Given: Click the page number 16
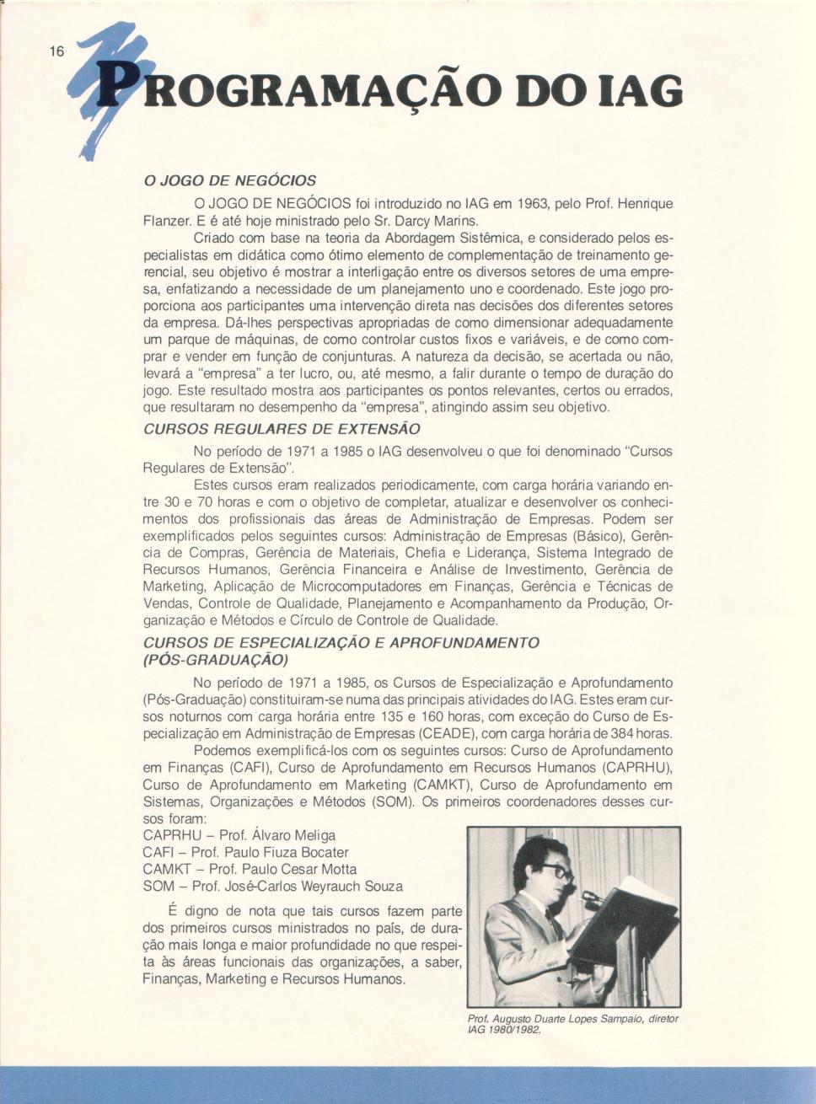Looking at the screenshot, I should (x=56, y=51).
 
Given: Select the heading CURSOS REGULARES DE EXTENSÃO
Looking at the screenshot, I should (x=282, y=429).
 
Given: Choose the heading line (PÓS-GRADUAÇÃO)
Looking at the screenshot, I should (x=216, y=659).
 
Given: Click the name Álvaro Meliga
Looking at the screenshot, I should (x=288, y=835).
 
